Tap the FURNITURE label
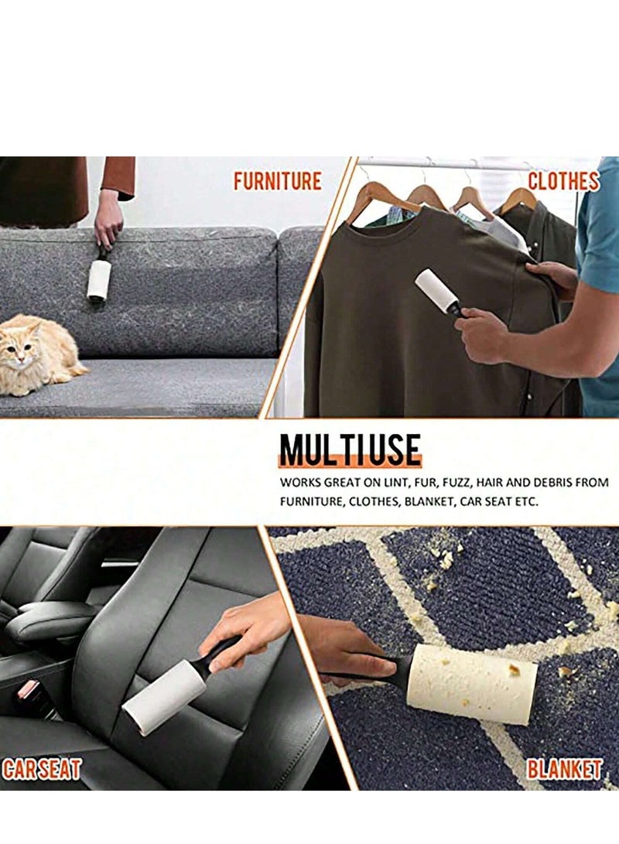(x=277, y=181)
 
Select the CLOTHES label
(x=563, y=181)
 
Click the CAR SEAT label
(x=42, y=769)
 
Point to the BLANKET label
(x=564, y=769)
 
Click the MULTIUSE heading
(x=350, y=450)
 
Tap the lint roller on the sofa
(x=98, y=278)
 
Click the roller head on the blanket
(x=472, y=683)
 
